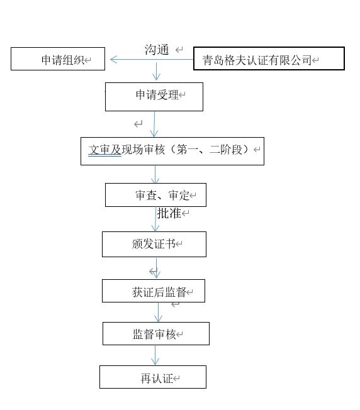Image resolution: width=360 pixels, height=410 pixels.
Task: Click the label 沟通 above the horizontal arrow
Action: (157, 50)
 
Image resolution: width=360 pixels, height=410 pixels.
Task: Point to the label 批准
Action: (169, 213)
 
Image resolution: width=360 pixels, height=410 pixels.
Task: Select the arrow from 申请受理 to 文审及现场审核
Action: (154, 125)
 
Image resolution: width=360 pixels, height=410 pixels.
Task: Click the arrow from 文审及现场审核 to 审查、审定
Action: (155, 174)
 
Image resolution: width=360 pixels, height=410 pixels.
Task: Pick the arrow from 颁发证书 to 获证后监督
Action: (156, 269)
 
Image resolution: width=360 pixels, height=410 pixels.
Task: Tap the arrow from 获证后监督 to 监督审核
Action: (158, 312)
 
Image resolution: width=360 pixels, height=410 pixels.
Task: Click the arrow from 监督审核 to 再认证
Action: (155, 355)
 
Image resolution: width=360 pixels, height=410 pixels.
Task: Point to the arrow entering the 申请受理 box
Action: (157, 72)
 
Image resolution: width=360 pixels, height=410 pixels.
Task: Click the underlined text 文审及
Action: (104, 150)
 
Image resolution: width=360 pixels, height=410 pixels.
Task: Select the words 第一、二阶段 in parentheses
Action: (210, 150)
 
